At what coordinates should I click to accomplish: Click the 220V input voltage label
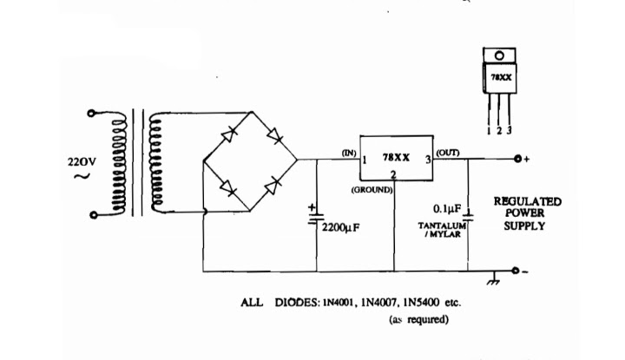click(x=82, y=162)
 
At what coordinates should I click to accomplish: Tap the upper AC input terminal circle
click(x=91, y=114)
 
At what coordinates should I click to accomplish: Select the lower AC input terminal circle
click(x=93, y=215)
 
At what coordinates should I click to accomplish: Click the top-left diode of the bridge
click(x=229, y=134)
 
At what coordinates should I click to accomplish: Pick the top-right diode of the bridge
click(x=275, y=136)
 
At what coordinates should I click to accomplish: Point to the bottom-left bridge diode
click(x=227, y=187)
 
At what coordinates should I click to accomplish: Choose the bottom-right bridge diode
click(x=273, y=185)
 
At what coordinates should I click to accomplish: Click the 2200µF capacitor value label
click(x=341, y=228)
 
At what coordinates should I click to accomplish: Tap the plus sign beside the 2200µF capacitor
click(x=312, y=207)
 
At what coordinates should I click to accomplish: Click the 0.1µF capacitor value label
click(x=447, y=209)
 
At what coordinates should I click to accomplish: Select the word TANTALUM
click(x=442, y=226)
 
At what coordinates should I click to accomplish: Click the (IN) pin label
click(x=349, y=153)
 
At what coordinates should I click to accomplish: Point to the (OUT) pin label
click(x=448, y=153)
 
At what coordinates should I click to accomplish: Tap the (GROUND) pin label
click(x=372, y=190)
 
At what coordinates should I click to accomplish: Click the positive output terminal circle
click(x=517, y=159)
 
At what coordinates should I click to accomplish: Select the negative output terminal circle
click(x=516, y=271)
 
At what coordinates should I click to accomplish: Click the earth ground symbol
click(x=493, y=279)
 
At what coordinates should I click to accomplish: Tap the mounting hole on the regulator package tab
click(x=499, y=56)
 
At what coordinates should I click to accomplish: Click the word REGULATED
click(x=528, y=201)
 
